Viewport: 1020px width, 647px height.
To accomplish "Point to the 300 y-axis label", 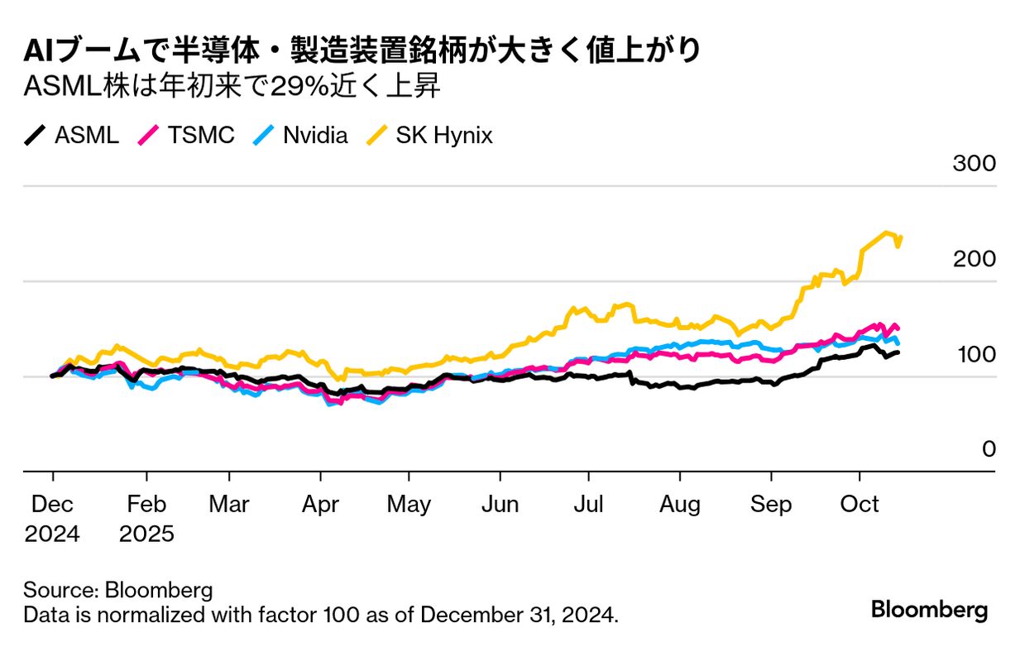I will coord(974,163).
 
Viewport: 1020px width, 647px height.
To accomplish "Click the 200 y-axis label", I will coord(974,259).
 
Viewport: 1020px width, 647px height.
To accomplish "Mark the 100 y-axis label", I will coord(974,354).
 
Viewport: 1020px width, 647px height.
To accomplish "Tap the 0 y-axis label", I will coord(989,449).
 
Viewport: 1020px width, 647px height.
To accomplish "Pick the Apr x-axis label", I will coord(320,504).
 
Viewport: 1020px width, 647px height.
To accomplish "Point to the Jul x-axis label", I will coord(588,504).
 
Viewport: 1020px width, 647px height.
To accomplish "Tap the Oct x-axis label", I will coord(860,504).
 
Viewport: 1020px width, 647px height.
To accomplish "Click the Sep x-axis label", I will coord(771,504).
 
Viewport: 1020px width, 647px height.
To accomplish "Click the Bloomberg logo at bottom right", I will coord(929,611).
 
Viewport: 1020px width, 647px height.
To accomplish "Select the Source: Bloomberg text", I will coord(118,590).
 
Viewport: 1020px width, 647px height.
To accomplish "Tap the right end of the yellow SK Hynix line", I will coord(900,237).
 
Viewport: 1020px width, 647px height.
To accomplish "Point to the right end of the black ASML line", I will coord(898,352).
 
